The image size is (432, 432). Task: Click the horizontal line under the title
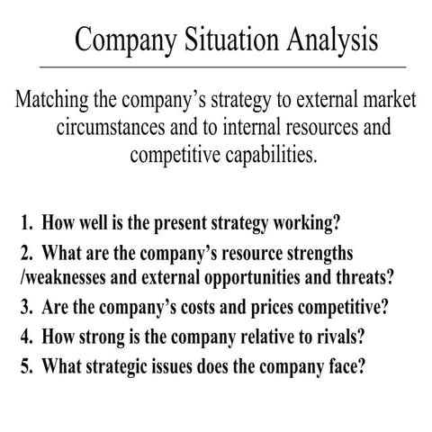pyautogui.click(x=216, y=67)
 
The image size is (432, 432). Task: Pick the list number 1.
pyautogui.click(x=24, y=221)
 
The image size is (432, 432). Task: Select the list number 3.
pyautogui.click(x=24, y=305)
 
